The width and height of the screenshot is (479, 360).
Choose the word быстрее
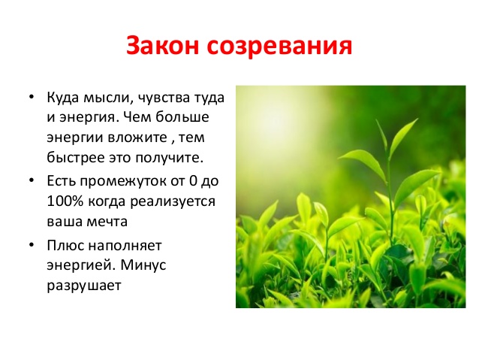pos(74,159)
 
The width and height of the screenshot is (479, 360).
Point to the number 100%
pos(63,201)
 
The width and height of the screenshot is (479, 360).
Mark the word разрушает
pos(83,285)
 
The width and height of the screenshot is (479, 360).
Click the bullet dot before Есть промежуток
pos(32,182)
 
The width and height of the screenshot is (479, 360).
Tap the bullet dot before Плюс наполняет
pos(32,245)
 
